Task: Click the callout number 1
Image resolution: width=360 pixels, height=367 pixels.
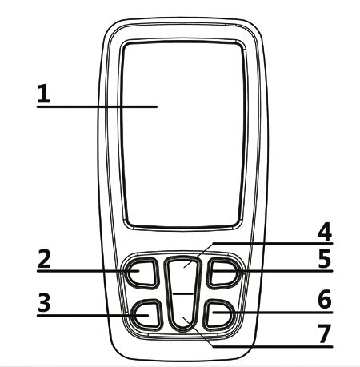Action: click(x=44, y=94)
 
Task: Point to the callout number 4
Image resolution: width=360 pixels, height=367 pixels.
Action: click(x=325, y=232)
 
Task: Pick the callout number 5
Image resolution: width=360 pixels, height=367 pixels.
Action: click(x=325, y=258)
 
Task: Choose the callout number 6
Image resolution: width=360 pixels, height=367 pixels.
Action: click(x=325, y=299)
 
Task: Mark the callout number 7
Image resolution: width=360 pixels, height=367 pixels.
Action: click(x=325, y=333)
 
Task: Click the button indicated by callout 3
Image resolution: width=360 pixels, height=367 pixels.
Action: click(x=146, y=314)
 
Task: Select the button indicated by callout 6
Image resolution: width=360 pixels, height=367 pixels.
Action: click(x=219, y=314)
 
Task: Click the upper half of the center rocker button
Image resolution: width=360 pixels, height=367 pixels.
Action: click(x=183, y=274)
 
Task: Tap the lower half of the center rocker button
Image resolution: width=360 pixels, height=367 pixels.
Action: click(x=183, y=312)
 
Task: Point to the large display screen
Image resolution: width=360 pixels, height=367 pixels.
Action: click(x=184, y=134)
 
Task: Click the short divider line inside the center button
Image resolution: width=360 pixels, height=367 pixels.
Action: click(x=183, y=293)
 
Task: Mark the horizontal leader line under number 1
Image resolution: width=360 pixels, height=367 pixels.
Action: click(x=97, y=106)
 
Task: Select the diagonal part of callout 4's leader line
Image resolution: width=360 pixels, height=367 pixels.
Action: click(x=198, y=255)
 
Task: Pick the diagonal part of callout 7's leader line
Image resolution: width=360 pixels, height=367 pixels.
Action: click(x=198, y=332)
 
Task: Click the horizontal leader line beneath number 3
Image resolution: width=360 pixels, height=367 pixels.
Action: click(x=93, y=316)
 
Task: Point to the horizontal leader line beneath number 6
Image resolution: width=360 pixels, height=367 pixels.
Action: click(x=273, y=312)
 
